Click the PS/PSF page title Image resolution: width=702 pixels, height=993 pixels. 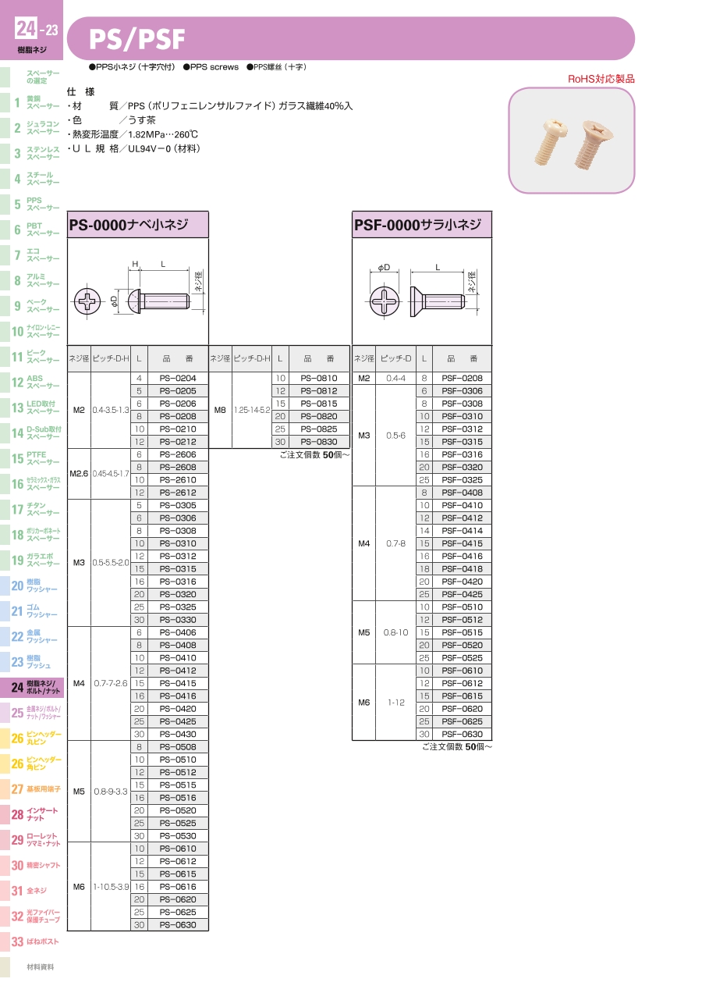point(136,39)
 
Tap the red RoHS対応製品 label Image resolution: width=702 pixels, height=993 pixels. point(601,79)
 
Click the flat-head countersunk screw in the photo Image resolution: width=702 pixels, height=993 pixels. point(593,144)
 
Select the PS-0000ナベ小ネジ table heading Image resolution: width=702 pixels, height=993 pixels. point(129,225)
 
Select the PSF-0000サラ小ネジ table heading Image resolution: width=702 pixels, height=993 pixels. point(417,225)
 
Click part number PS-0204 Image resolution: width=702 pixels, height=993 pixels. point(178,378)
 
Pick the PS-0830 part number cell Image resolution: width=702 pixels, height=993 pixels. point(319,442)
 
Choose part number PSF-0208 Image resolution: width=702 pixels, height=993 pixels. point(462,378)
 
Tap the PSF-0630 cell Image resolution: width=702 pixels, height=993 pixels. point(462,734)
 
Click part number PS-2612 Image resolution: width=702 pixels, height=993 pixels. point(178,493)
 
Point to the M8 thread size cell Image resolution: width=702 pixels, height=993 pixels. point(220,410)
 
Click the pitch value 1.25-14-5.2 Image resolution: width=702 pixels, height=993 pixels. point(252,410)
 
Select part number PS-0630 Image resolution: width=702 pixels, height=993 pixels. point(178,925)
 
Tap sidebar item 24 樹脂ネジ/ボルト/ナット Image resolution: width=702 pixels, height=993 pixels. point(36,687)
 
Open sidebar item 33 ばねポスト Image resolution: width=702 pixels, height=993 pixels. point(35,941)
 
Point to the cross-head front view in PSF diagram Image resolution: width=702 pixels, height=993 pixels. point(384,301)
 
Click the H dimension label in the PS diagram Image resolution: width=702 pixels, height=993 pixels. point(135,264)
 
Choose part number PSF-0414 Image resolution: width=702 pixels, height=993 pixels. point(462,531)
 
